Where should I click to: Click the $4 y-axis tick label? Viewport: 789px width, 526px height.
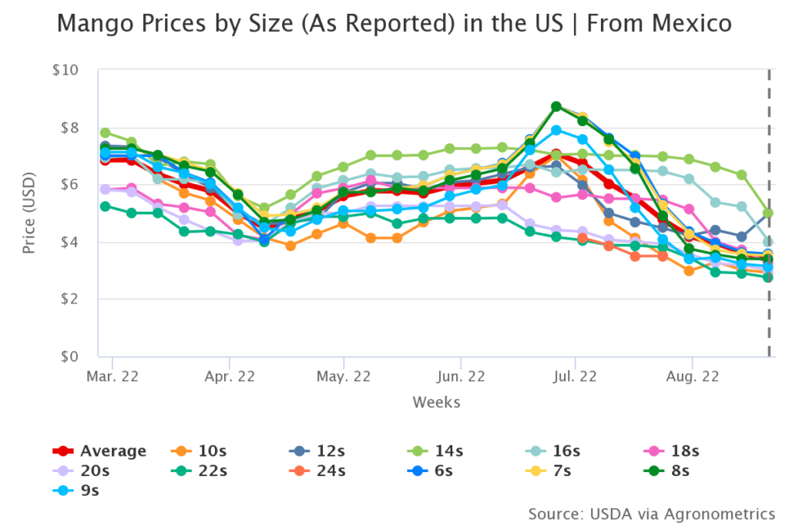click(69, 243)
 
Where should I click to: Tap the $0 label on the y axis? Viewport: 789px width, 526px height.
click(69, 357)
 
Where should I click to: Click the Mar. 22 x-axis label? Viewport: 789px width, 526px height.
click(112, 377)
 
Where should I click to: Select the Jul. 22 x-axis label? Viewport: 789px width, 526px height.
click(576, 377)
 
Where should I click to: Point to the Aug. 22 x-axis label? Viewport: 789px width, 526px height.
click(691, 377)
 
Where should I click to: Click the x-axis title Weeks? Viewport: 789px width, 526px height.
click(436, 402)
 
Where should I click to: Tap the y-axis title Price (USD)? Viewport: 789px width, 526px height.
click(29, 213)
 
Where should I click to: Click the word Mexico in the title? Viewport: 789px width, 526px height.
click(693, 24)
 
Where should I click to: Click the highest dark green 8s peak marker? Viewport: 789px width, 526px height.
click(556, 106)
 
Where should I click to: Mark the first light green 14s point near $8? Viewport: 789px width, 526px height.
click(105, 132)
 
